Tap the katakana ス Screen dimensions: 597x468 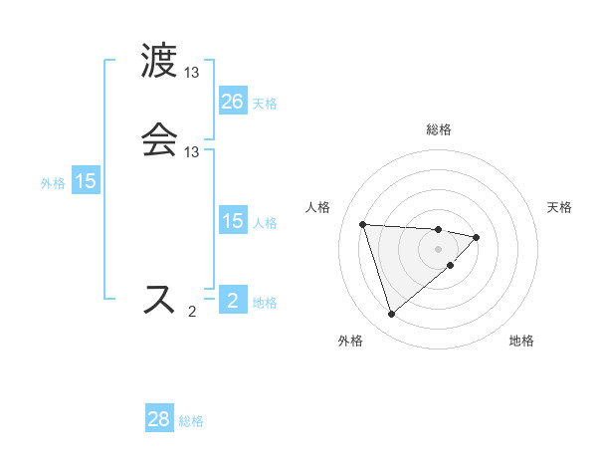click(159, 300)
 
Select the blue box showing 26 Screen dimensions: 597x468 click(232, 102)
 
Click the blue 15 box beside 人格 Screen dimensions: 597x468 click(232, 221)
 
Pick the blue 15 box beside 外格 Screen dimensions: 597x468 click(86, 181)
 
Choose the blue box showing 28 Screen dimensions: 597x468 click(159, 419)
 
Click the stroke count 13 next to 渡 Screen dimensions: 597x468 click(192, 73)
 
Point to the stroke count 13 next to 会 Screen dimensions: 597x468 click(192, 152)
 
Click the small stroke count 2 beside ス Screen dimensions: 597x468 click(192, 312)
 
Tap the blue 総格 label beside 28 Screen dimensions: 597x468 click(191, 421)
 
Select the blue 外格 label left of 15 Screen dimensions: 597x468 click(53, 183)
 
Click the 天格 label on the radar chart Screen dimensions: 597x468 click(559, 207)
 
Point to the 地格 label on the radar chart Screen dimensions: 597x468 click(520, 341)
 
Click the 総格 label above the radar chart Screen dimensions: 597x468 click(439, 129)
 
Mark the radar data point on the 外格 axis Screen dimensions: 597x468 click(391, 315)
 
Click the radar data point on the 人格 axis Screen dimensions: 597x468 click(363, 224)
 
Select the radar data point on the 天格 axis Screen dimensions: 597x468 click(477, 237)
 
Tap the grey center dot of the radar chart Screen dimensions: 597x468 click(439, 248)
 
